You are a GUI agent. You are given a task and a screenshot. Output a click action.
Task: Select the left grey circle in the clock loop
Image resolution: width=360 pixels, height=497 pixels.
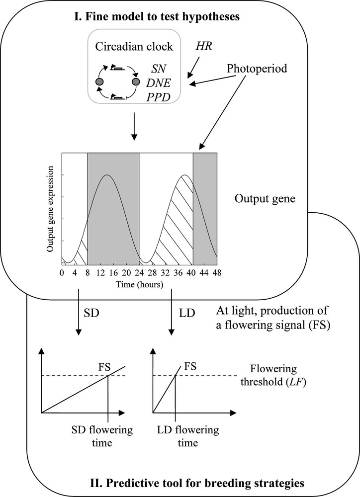coord(99,81)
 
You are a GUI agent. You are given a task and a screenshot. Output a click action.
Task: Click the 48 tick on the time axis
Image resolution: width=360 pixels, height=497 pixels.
coord(217,273)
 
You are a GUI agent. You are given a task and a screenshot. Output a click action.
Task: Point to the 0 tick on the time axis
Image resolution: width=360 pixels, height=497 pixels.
coord(62,273)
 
